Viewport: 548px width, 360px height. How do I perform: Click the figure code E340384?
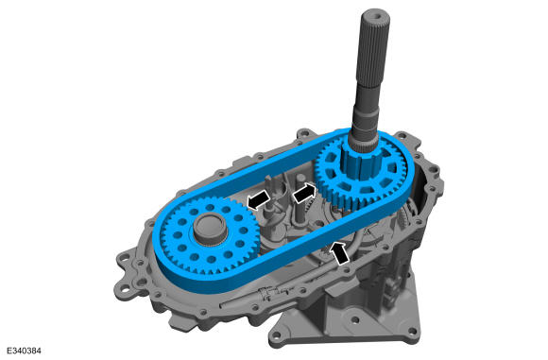(24, 351)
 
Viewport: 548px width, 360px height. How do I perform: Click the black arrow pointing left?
(259, 200)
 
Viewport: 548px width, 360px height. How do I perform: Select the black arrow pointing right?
(304, 193)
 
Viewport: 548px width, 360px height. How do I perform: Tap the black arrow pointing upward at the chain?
(340, 252)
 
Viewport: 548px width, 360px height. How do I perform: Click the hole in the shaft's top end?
(376, 15)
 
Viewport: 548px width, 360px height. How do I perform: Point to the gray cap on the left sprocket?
(211, 229)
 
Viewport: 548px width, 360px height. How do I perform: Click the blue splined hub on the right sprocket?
(359, 162)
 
